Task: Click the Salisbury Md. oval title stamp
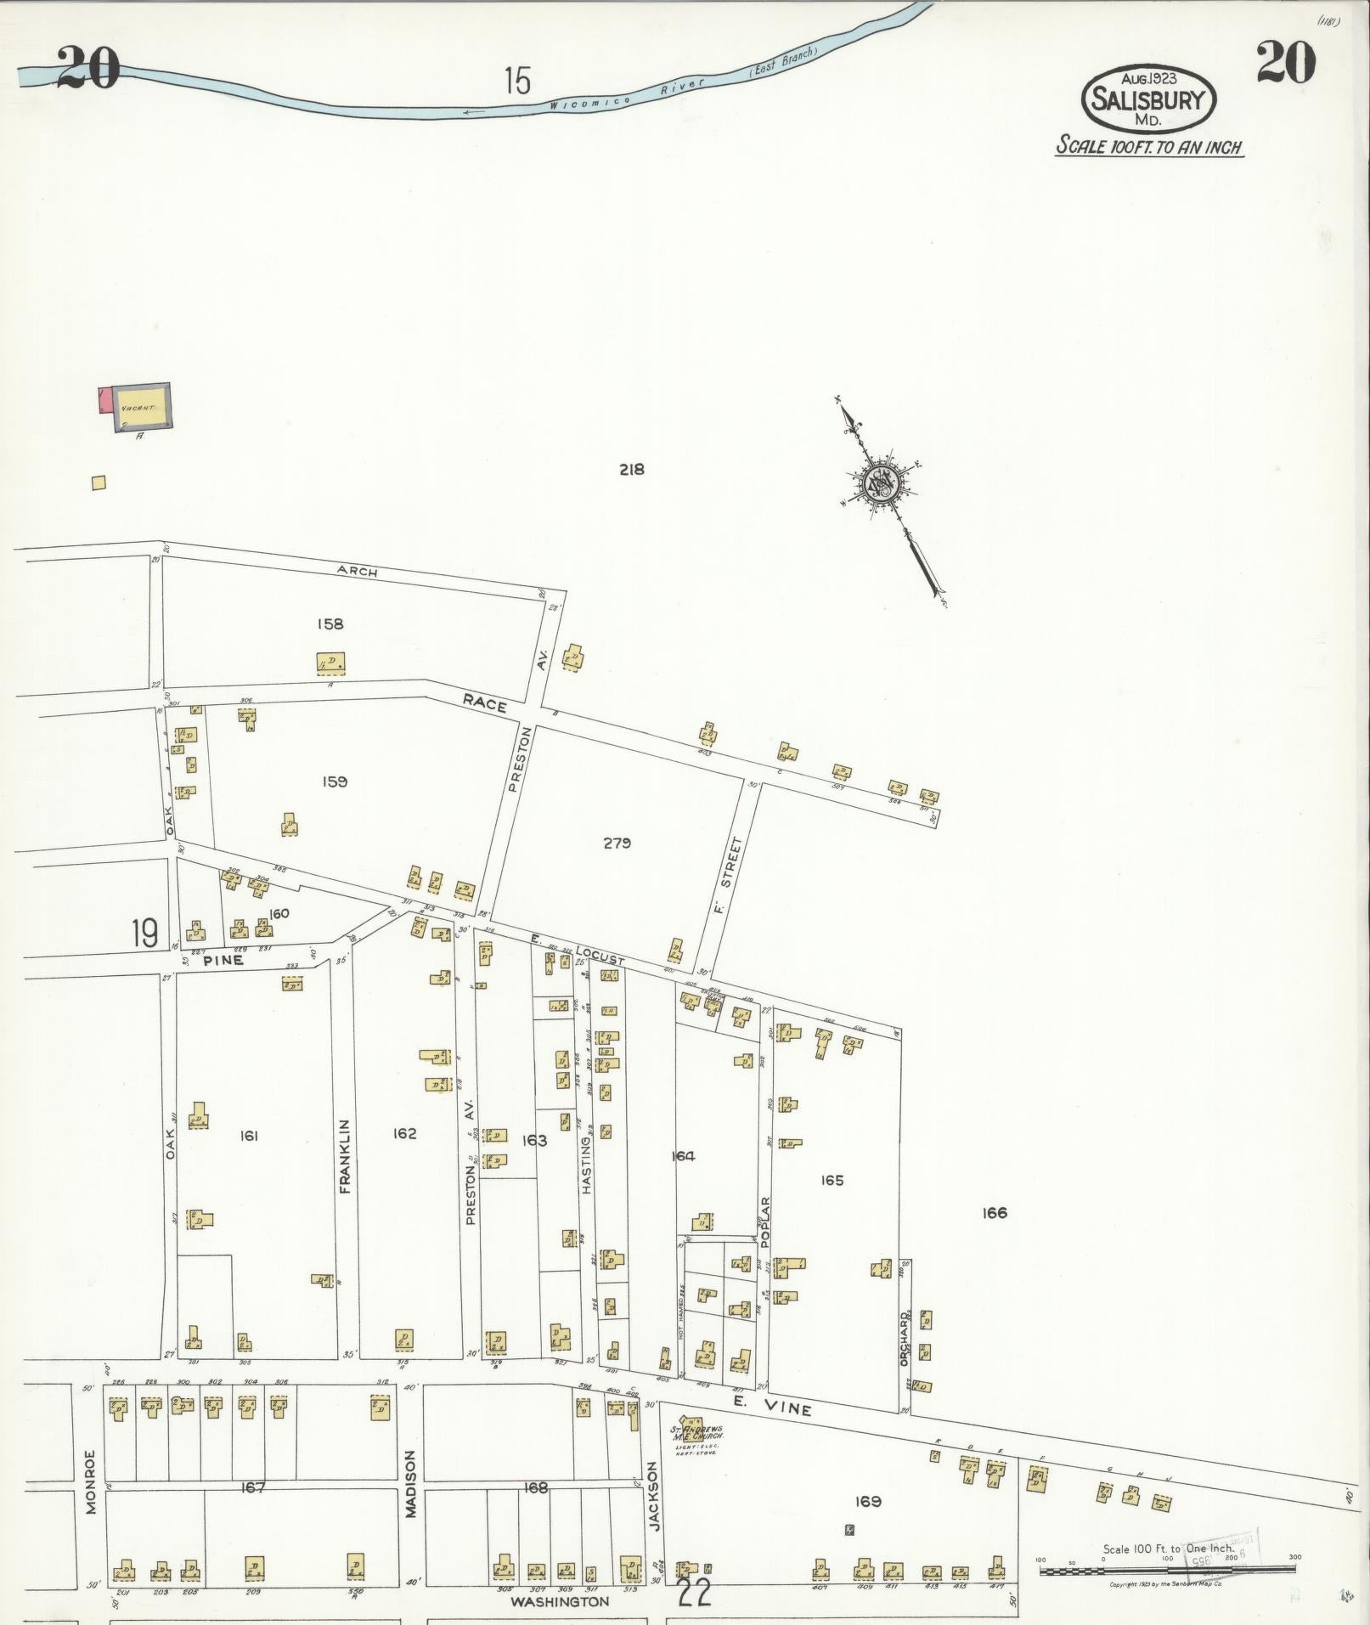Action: click(1148, 99)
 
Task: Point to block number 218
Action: click(632, 469)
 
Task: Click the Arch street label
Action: click(357, 573)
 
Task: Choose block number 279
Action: click(617, 843)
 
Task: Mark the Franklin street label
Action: click(345, 1156)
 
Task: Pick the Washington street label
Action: click(559, 1601)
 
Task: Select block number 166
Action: click(994, 1213)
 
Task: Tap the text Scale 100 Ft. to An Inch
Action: click(1149, 146)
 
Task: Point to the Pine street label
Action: click(223, 960)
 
